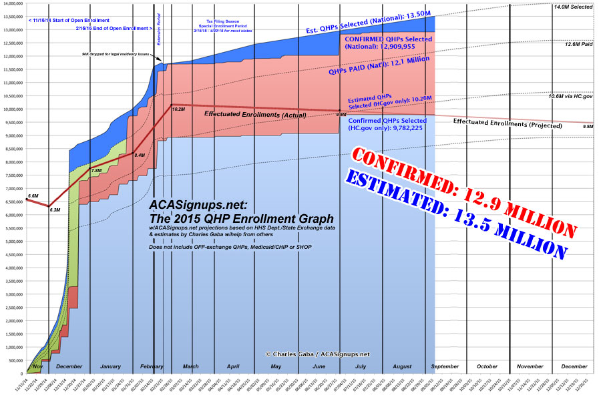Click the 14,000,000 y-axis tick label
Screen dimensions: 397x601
click(x=13, y=3)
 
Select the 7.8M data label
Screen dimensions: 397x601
click(x=96, y=171)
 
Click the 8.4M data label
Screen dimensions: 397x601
click(x=140, y=155)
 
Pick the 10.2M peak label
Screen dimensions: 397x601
click(x=178, y=108)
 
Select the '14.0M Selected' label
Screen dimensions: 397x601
click(x=573, y=7)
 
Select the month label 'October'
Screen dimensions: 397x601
click(x=487, y=366)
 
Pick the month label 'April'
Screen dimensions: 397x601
click(x=233, y=366)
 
